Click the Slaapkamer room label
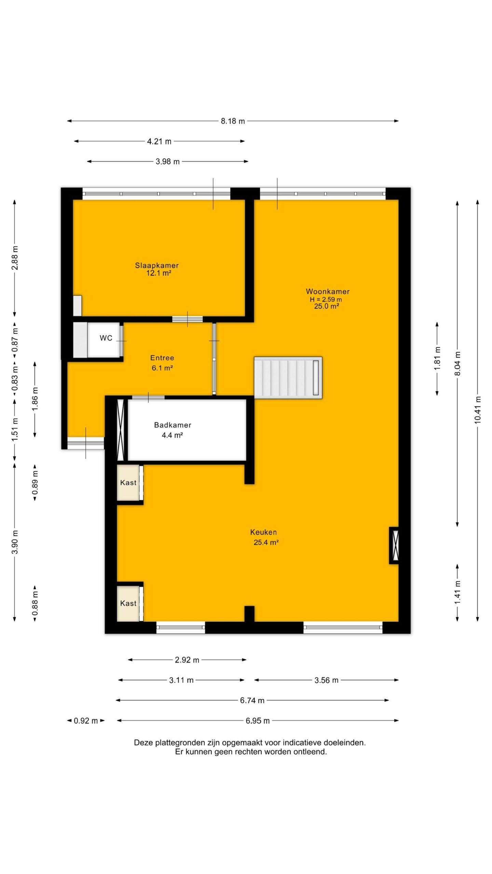click(157, 265)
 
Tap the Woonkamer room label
click(328, 291)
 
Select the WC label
click(106, 338)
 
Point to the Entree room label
click(162, 358)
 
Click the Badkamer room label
click(173, 425)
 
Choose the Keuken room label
click(263, 532)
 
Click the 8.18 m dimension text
click(233, 121)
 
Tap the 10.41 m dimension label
click(477, 410)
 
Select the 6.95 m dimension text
click(258, 721)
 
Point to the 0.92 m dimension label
click(86, 721)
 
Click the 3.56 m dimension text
click(326, 680)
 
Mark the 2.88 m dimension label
click(15, 257)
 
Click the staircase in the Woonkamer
click(288, 378)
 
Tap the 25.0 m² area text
click(327, 306)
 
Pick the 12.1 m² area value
click(159, 273)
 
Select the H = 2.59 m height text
click(326, 299)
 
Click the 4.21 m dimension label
click(159, 141)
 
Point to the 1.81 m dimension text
click(437, 358)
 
